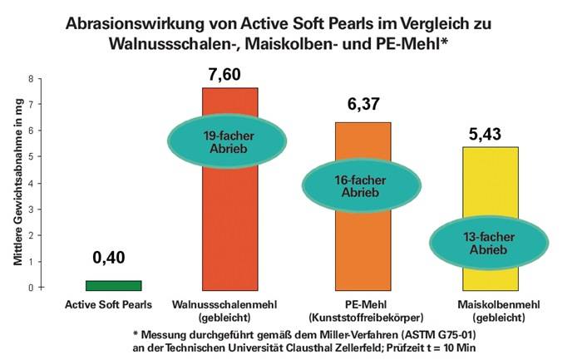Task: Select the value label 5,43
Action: pyautogui.click(x=486, y=133)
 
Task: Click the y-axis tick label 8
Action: pyautogui.click(x=30, y=79)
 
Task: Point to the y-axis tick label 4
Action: pyautogui.click(x=30, y=183)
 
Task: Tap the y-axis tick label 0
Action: pyautogui.click(x=30, y=288)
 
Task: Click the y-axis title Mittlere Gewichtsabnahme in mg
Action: pyautogui.click(x=16, y=182)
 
